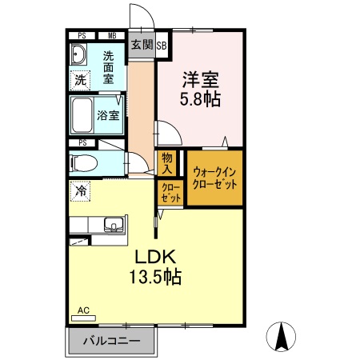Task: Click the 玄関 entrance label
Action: click(x=141, y=45)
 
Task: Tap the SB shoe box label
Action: click(x=162, y=45)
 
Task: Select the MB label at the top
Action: click(x=110, y=36)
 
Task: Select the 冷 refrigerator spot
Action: click(x=80, y=190)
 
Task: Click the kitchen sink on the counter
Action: click(x=113, y=225)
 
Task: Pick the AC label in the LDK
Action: click(x=82, y=310)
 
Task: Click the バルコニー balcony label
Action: click(x=112, y=341)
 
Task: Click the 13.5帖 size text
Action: click(x=155, y=278)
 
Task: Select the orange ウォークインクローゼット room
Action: click(x=214, y=178)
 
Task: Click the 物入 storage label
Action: click(x=166, y=163)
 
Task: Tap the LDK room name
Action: click(x=154, y=258)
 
